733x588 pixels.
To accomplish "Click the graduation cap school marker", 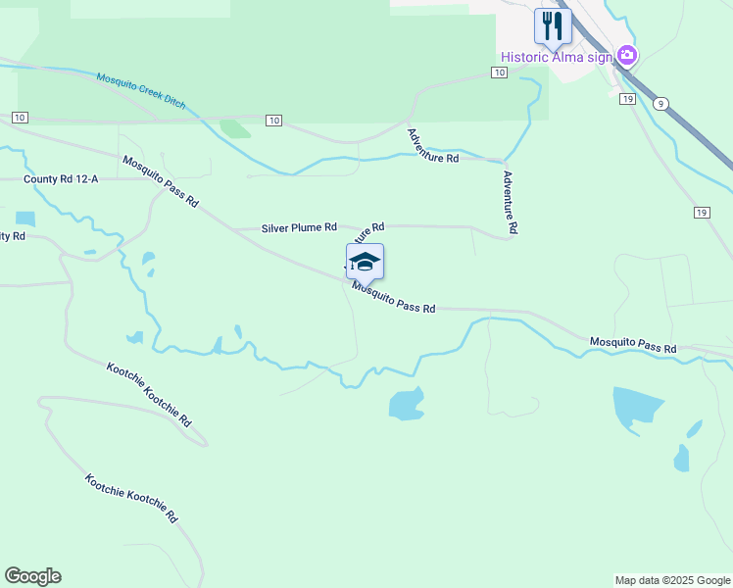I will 365,262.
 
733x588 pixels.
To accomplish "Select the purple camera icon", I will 627,56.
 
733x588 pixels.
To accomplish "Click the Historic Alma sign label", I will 556,57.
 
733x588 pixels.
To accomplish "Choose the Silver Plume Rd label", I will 299,228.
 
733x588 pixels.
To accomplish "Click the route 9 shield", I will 662,103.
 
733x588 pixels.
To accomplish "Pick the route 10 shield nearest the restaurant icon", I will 499,73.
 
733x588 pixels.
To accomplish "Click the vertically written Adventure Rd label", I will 509,203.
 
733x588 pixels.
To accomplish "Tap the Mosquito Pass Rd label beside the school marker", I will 394,297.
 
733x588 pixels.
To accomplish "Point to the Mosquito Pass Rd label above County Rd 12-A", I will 161,181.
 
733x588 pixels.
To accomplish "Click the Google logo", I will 32,576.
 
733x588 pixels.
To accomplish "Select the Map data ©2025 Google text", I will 672,580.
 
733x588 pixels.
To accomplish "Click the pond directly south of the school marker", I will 407,403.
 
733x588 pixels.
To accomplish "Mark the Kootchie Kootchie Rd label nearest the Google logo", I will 130,498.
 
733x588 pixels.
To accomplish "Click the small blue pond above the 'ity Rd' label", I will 24,218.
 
